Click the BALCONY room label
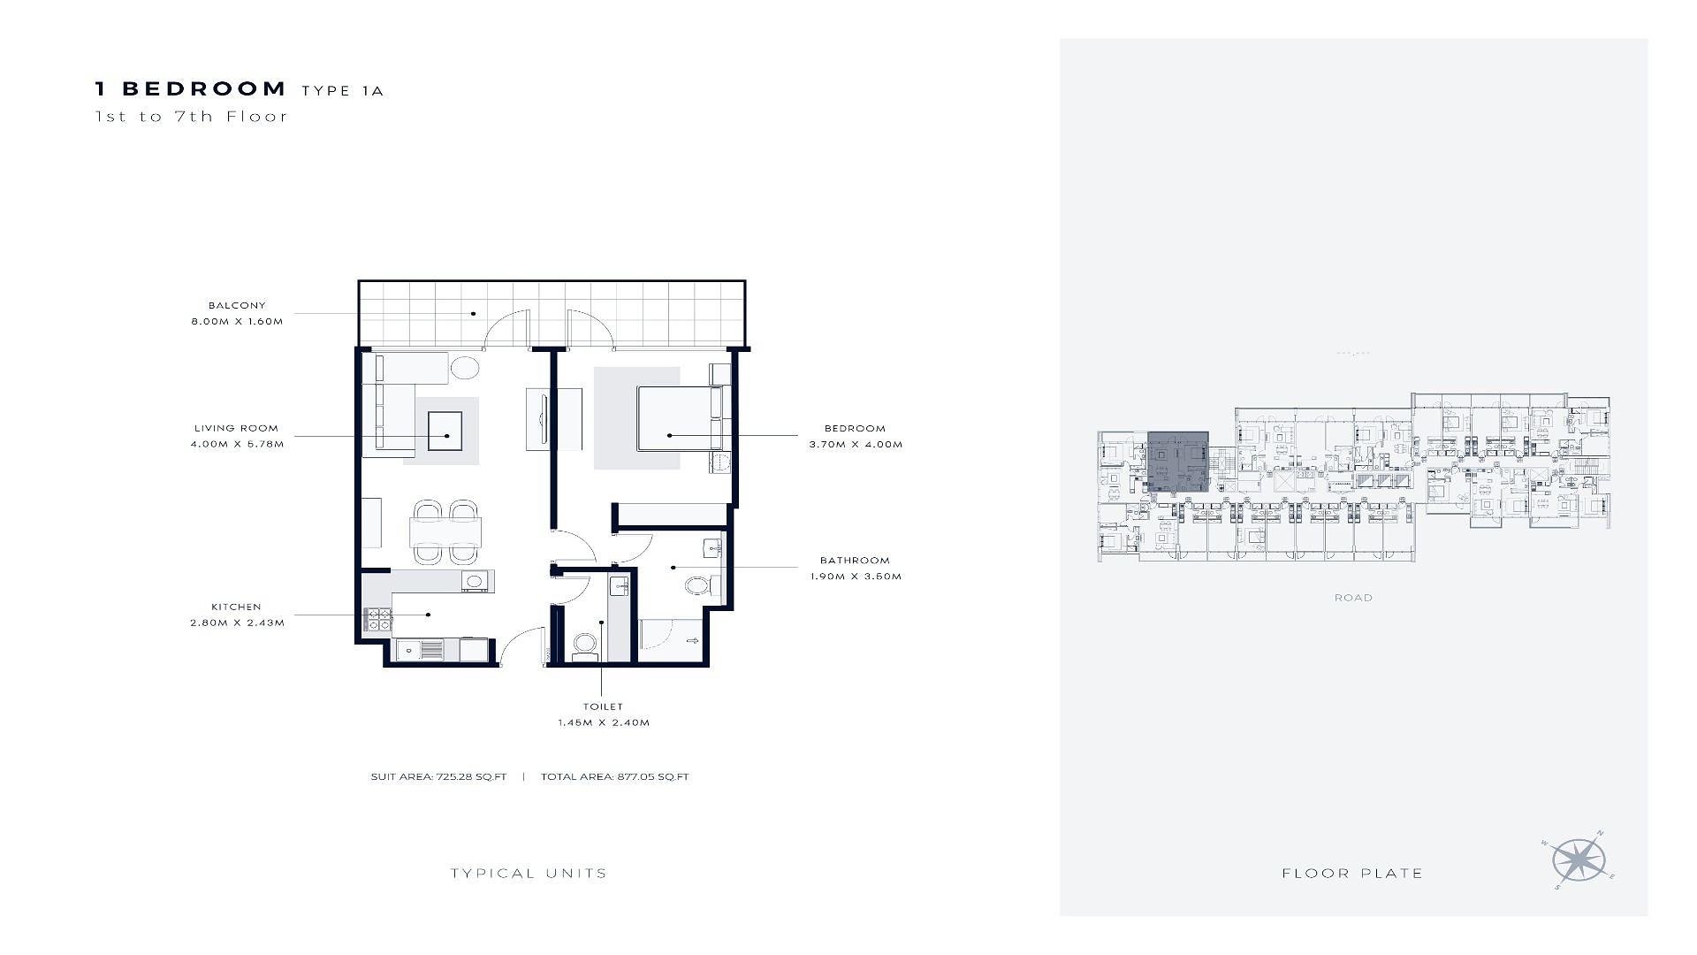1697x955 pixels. (x=237, y=305)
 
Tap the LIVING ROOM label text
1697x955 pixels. (x=236, y=428)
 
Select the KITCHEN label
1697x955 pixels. (x=236, y=607)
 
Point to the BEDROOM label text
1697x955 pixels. (x=855, y=428)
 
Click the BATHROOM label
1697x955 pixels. (x=855, y=560)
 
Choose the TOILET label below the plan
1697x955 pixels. (x=603, y=707)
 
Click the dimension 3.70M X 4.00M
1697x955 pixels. (x=856, y=444)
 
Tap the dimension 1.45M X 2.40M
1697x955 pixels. (x=604, y=722)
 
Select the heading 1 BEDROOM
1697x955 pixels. (x=191, y=88)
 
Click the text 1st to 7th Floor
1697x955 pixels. (x=192, y=116)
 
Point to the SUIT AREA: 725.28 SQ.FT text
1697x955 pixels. (x=438, y=777)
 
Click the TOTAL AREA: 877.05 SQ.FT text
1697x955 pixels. (x=615, y=777)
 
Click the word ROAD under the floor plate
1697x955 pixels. (x=1353, y=598)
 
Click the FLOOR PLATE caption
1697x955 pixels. (x=1352, y=874)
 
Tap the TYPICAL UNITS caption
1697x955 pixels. (x=529, y=874)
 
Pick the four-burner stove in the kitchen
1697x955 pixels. (x=378, y=620)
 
